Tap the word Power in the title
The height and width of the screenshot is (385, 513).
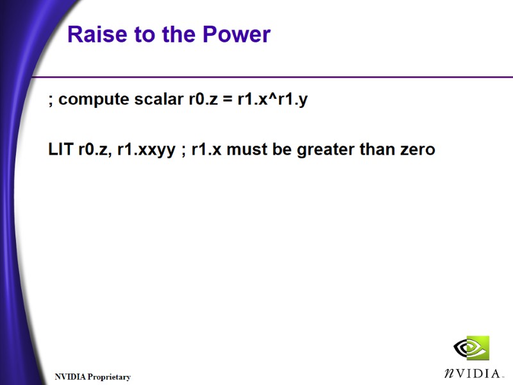[x=237, y=35]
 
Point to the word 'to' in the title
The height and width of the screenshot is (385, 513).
[x=144, y=35]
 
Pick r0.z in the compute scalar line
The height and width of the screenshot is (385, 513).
[x=202, y=99]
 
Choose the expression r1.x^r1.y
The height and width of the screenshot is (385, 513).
[x=271, y=100]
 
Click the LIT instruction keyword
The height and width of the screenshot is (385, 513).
[x=61, y=150]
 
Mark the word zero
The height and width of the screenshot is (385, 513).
[x=417, y=150]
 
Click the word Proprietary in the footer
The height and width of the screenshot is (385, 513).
[x=109, y=377]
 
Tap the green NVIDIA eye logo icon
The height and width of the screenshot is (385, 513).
[x=471, y=348]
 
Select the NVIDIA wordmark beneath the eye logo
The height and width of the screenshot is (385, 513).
[x=471, y=373]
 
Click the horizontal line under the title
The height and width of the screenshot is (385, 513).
[x=269, y=77]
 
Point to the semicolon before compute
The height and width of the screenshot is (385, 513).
[x=51, y=101]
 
